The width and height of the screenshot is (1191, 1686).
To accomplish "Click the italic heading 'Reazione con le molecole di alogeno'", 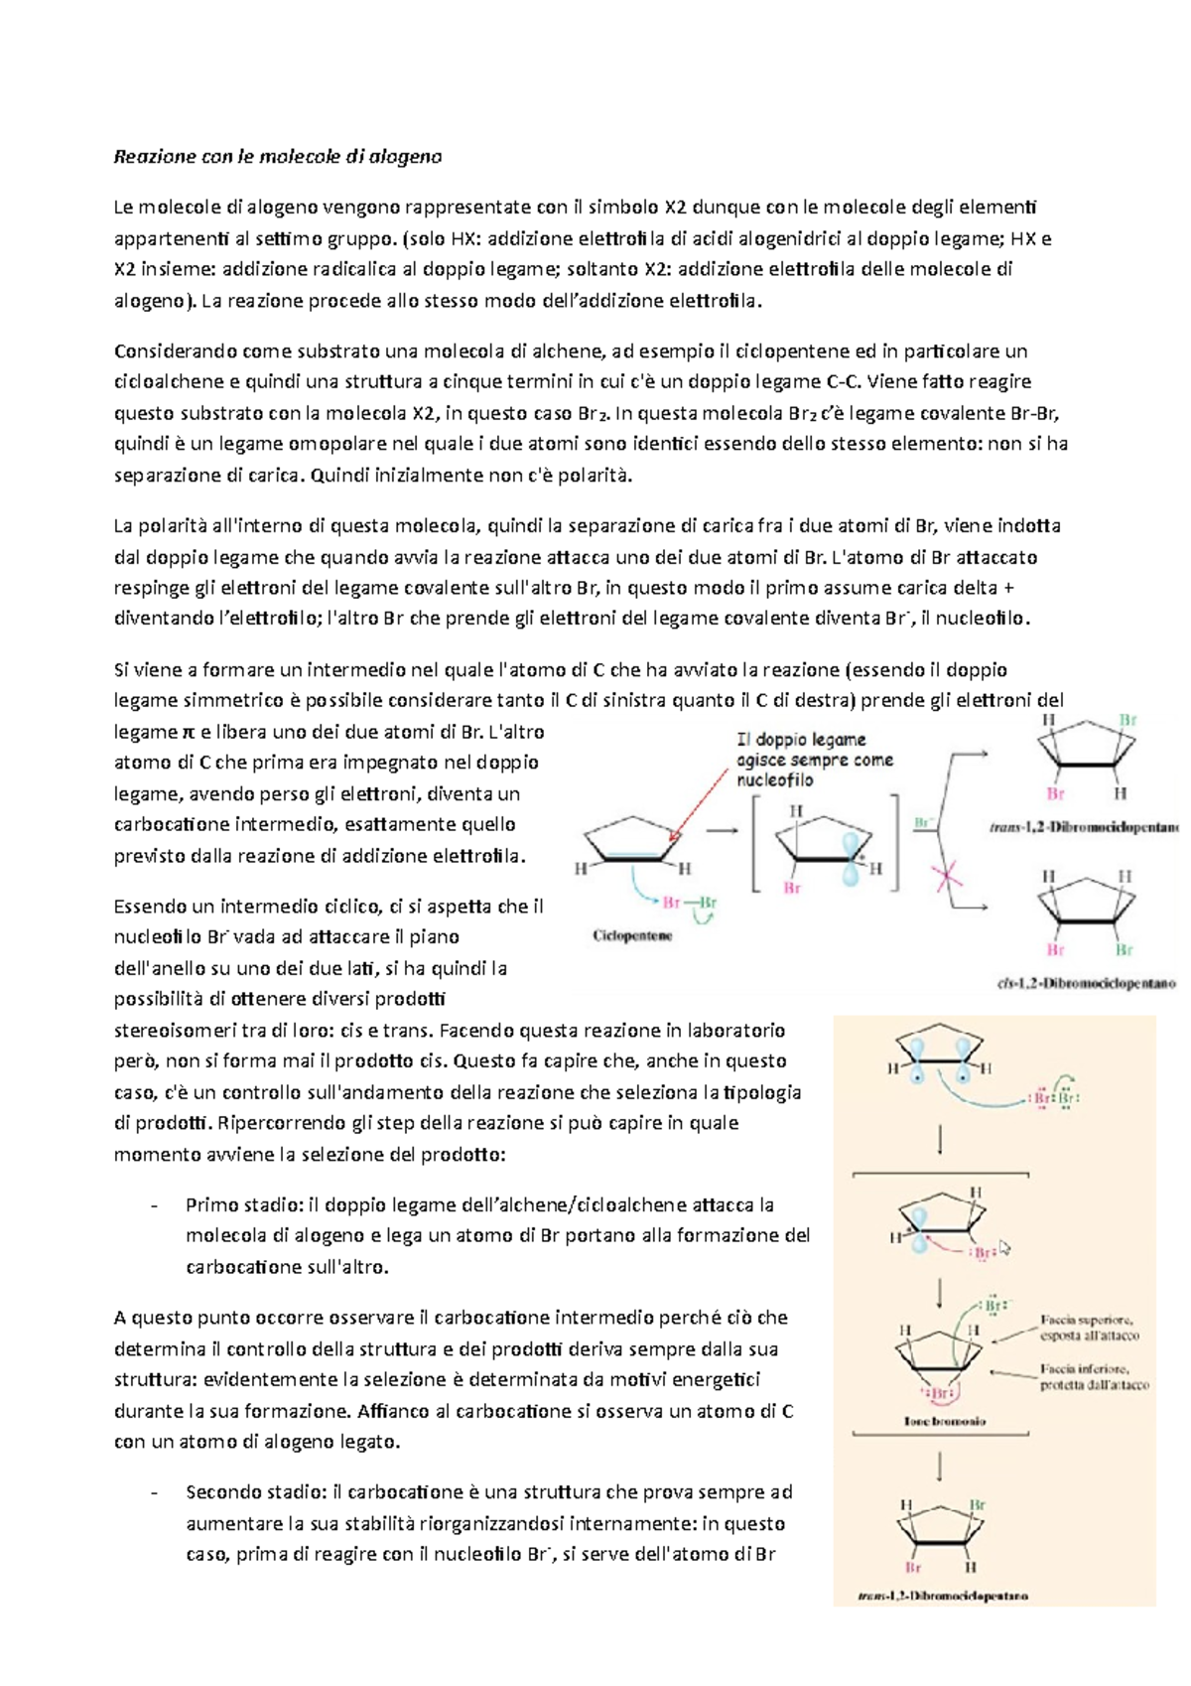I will tap(278, 156).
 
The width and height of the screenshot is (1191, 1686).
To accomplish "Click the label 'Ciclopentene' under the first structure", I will tap(632, 935).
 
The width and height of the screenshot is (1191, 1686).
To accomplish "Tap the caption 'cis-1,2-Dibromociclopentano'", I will tap(1086, 983).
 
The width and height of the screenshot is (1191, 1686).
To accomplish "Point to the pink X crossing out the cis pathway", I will tap(945, 876).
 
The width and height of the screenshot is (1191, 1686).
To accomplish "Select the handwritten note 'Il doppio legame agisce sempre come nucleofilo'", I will tap(814, 760).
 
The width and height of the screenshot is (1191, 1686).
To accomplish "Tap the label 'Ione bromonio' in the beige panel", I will tap(944, 1421).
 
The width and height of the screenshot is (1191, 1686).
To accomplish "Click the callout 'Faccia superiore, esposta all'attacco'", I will tap(1089, 1328).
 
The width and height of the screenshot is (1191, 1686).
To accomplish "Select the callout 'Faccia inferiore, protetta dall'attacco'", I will tap(1094, 1376).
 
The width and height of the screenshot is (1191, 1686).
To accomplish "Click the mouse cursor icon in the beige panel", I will tap(1004, 1248).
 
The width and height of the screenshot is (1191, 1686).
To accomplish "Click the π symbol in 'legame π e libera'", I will tap(189, 732).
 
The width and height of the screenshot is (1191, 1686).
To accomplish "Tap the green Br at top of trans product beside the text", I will tap(1127, 720).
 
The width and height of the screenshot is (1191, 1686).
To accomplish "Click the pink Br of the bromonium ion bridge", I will tap(940, 1392).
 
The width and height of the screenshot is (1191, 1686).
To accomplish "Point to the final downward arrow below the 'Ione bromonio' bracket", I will tap(939, 1468).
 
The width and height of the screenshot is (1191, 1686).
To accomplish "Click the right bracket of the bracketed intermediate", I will tap(895, 840).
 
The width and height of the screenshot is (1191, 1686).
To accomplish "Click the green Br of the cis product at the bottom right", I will tap(1124, 949).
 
